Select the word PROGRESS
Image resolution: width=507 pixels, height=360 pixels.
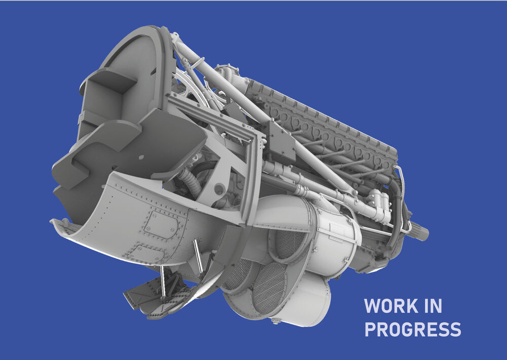pyautogui.click(x=413, y=329)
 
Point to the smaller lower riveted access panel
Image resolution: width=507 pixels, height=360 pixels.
pyautogui.click(x=144, y=253)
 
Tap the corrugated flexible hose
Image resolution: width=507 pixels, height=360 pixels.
pyautogui.click(x=188, y=182)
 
